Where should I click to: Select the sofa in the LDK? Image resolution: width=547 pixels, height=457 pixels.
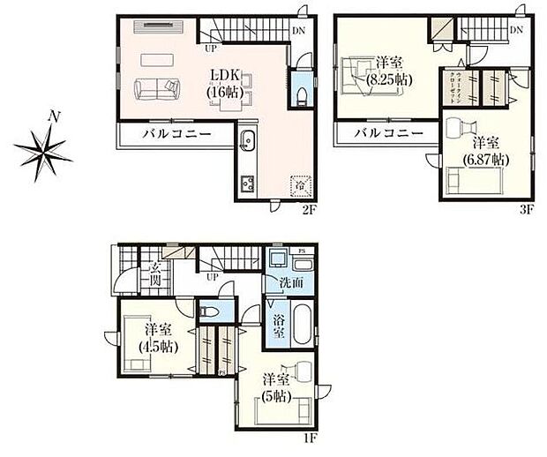(154, 88)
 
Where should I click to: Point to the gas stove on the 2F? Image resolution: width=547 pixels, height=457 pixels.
(246, 184)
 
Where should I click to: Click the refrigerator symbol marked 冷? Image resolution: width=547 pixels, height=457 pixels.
(299, 184)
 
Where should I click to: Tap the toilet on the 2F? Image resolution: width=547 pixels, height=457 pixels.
(301, 94)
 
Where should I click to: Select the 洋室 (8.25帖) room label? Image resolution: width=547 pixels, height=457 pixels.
(388, 70)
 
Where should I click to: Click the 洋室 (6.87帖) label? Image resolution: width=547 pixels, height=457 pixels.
(485, 150)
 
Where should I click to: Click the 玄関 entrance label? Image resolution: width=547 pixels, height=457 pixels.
(154, 273)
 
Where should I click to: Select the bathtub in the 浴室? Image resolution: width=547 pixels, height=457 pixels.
(300, 327)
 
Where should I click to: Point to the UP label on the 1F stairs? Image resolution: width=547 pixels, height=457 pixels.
(212, 277)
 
